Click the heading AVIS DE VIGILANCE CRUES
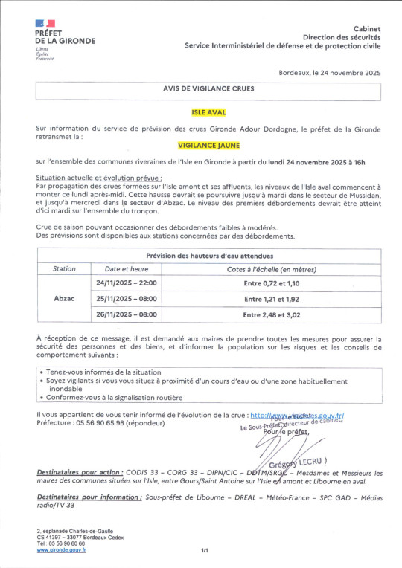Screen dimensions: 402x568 pyautogui.click(x=208, y=88)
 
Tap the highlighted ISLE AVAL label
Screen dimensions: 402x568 pyautogui.click(x=208, y=112)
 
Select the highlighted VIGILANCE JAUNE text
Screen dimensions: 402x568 pyautogui.click(x=208, y=147)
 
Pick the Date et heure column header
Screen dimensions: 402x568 pyautogui.click(x=127, y=269)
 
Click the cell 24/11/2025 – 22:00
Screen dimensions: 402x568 pyautogui.click(x=127, y=283)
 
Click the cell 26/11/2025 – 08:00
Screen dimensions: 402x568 pyautogui.click(x=127, y=314)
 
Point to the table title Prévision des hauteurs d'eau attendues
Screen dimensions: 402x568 pyautogui.click(x=208, y=255)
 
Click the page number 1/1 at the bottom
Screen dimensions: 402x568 pyautogui.click(x=204, y=550)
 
